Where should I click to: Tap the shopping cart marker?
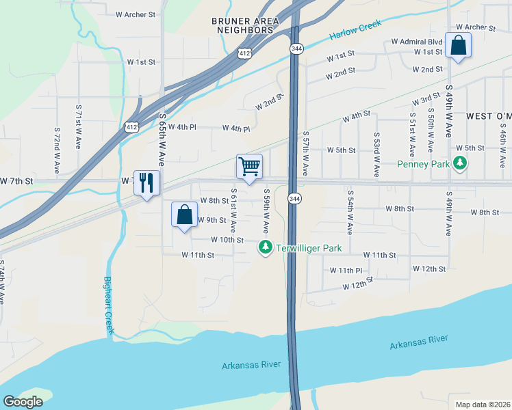coord(249,167)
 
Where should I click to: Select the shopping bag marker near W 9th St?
coord(184,215)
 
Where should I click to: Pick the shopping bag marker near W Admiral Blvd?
coord(458,46)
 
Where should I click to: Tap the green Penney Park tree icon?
coord(462,163)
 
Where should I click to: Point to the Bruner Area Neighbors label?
coord(245,25)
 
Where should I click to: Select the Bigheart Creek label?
coord(107,305)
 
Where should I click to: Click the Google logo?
coord(23,402)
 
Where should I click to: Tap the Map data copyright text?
coord(482,404)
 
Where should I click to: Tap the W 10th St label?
coord(227,240)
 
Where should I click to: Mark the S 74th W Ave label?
coord(2,282)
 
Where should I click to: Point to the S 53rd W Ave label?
coord(376,154)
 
